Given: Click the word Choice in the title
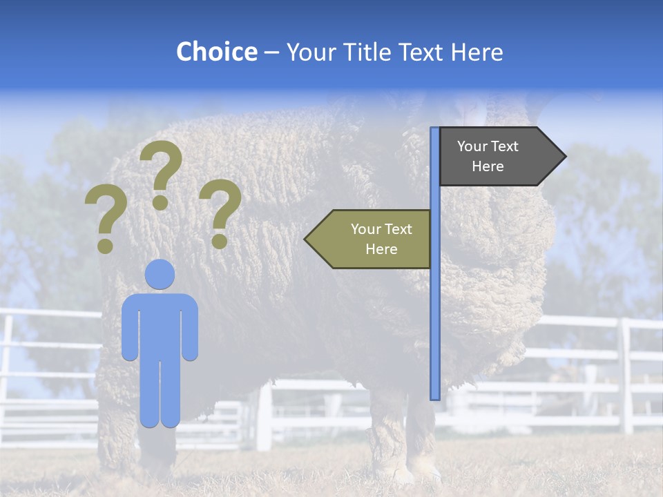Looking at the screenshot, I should pos(216,52).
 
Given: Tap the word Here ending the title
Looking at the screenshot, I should pos(477,52).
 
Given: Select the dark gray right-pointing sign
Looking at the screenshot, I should pos(494,157).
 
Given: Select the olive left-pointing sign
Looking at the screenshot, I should pos(373,239).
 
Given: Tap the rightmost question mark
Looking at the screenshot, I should pos(220,211).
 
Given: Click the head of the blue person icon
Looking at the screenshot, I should pos(160,274).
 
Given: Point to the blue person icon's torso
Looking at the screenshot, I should pos(160,324).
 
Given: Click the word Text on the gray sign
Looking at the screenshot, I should pos(505,146).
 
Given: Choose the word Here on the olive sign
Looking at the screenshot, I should pos(381,249).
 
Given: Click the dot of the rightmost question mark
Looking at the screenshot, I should pos(220,242).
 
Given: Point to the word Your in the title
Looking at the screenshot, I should pos(309,52).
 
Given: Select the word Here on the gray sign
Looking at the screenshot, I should pos(488,166).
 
